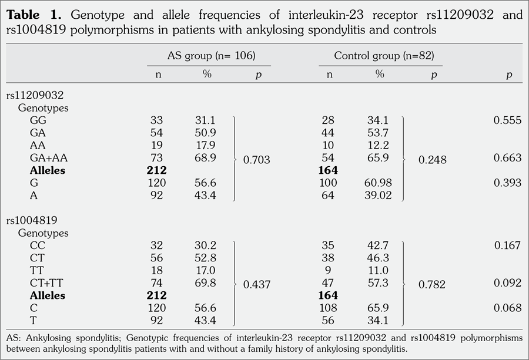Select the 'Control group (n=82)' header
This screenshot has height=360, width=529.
[x=380, y=56]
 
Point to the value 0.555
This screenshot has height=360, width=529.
[x=508, y=120]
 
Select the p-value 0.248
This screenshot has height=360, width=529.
[x=432, y=159]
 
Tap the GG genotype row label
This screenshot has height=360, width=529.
[x=38, y=120]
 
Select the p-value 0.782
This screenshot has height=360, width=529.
[x=432, y=284]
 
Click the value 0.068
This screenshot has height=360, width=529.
[x=508, y=308]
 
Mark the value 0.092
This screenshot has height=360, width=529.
[x=508, y=282]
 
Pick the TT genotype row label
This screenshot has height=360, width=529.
[x=37, y=270]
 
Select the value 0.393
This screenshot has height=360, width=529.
[x=508, y=183]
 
